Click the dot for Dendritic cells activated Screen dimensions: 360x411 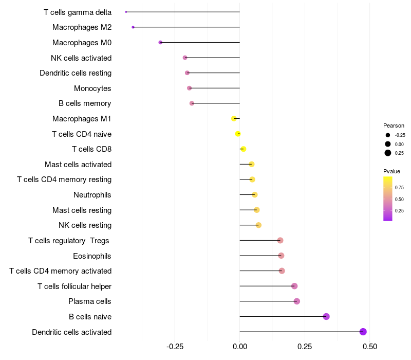pos(363,332)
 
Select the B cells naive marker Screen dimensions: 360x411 pos(326,316)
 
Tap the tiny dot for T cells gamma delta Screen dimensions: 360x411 pos(126,12)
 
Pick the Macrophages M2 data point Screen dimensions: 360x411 pos(133,27)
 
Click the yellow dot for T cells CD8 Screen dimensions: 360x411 pos(244,149)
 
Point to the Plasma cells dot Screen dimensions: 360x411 pos(296,301)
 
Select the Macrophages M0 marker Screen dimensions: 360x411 pos(160,42)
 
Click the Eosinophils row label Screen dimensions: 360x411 pos(92,256)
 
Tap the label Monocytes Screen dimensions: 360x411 pos(92,88)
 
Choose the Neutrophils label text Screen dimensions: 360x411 pos(92,195)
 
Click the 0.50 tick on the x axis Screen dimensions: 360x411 pos(369,347)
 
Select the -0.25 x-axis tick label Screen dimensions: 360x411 pos(175,347)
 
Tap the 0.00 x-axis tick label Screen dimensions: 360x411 pos(240,347)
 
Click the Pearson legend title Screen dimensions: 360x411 pos(394,125)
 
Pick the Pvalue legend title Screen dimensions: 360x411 pos(391,171)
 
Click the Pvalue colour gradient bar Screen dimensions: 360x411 pos(388,199)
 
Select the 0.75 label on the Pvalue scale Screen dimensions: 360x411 pos(399,188)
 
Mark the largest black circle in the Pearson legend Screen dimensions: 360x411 pos(388,153)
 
